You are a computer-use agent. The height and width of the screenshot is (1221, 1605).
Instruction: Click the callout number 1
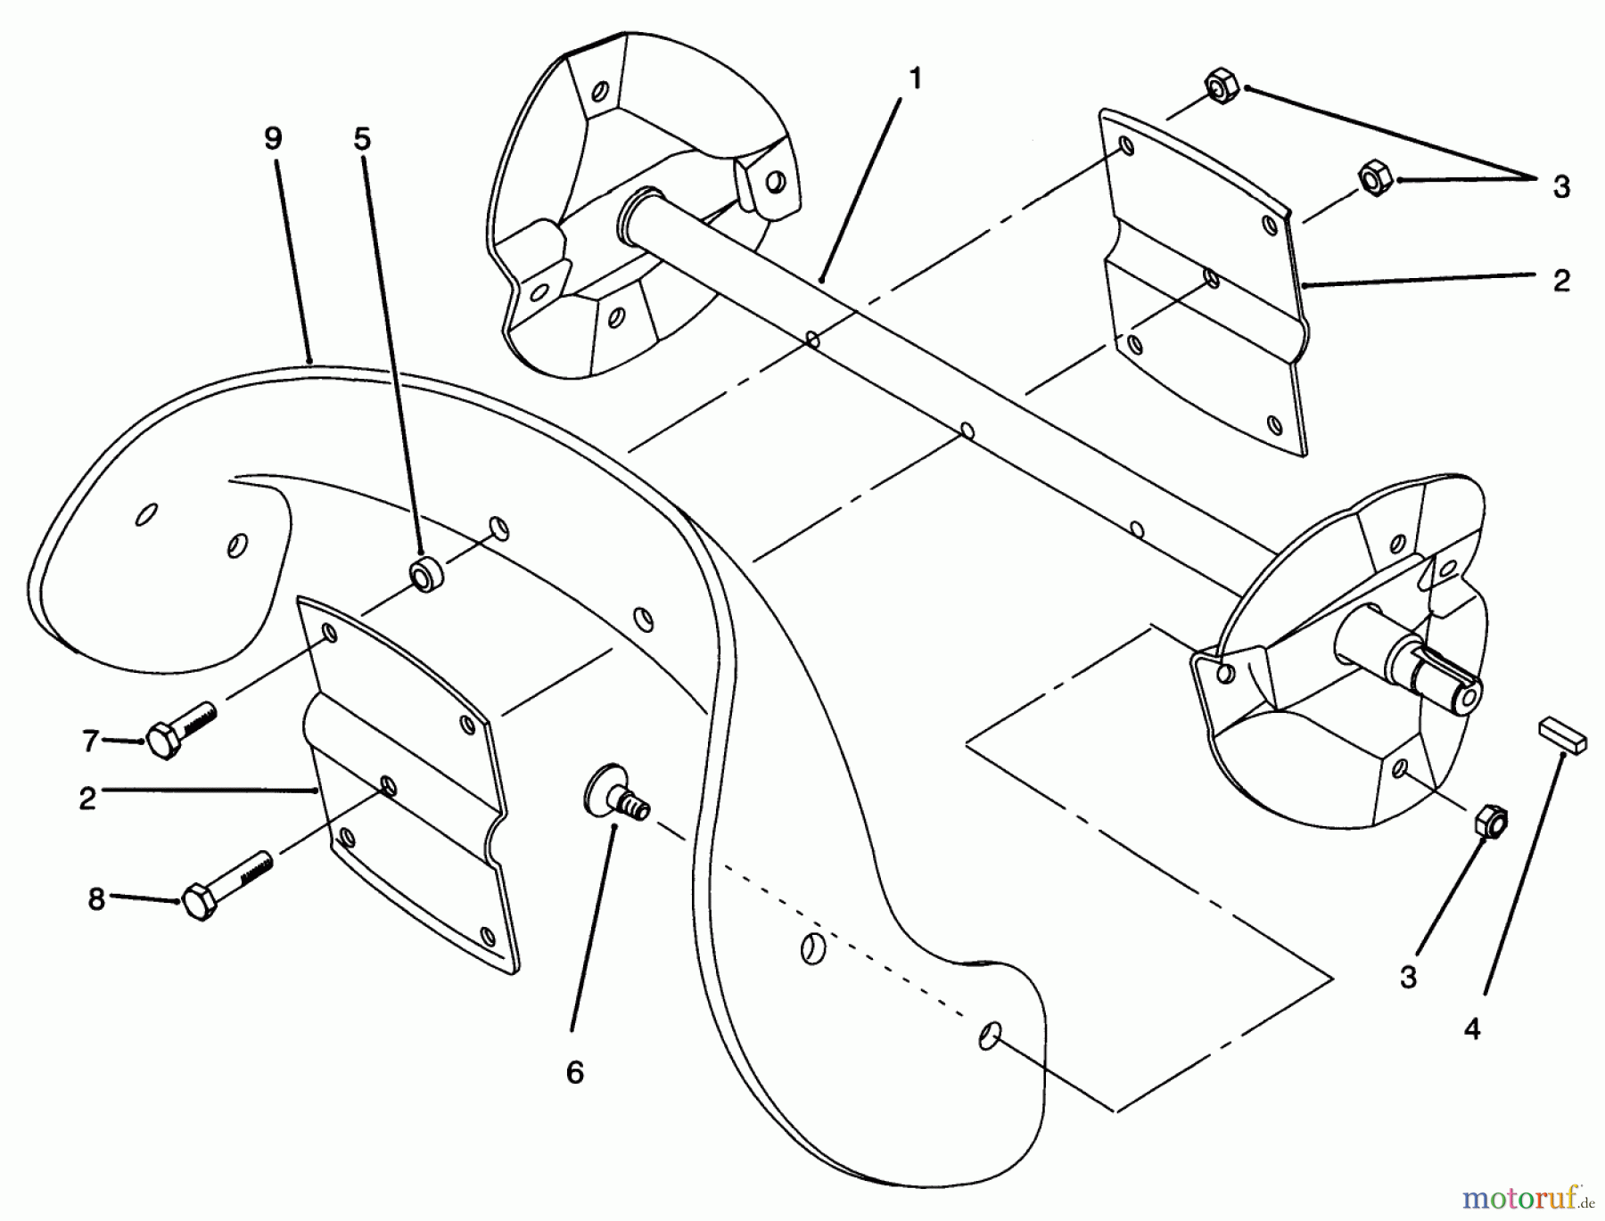pos(914,80)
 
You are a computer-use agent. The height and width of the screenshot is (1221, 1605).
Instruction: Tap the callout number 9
pos(273,139)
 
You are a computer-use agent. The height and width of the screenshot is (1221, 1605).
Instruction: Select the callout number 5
pos(361,139)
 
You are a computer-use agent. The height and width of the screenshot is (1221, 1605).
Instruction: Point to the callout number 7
pos(89,741)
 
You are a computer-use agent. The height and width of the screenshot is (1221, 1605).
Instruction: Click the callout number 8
pos(95,899)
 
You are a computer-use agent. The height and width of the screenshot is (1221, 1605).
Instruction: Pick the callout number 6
pos(575,1073)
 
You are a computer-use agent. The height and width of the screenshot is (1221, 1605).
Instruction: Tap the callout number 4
pos(1472,1029)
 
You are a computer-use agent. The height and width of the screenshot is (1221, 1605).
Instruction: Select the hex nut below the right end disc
pos(1491,821)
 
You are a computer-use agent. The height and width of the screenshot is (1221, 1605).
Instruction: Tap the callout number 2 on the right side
pos(1560,280)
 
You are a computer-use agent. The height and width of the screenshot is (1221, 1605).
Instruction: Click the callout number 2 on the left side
pos(86,798)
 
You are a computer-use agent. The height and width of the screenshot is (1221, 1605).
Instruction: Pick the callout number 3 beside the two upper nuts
pos(1560,187)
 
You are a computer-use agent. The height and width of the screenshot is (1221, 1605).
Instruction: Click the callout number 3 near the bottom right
pos(1407,978)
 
